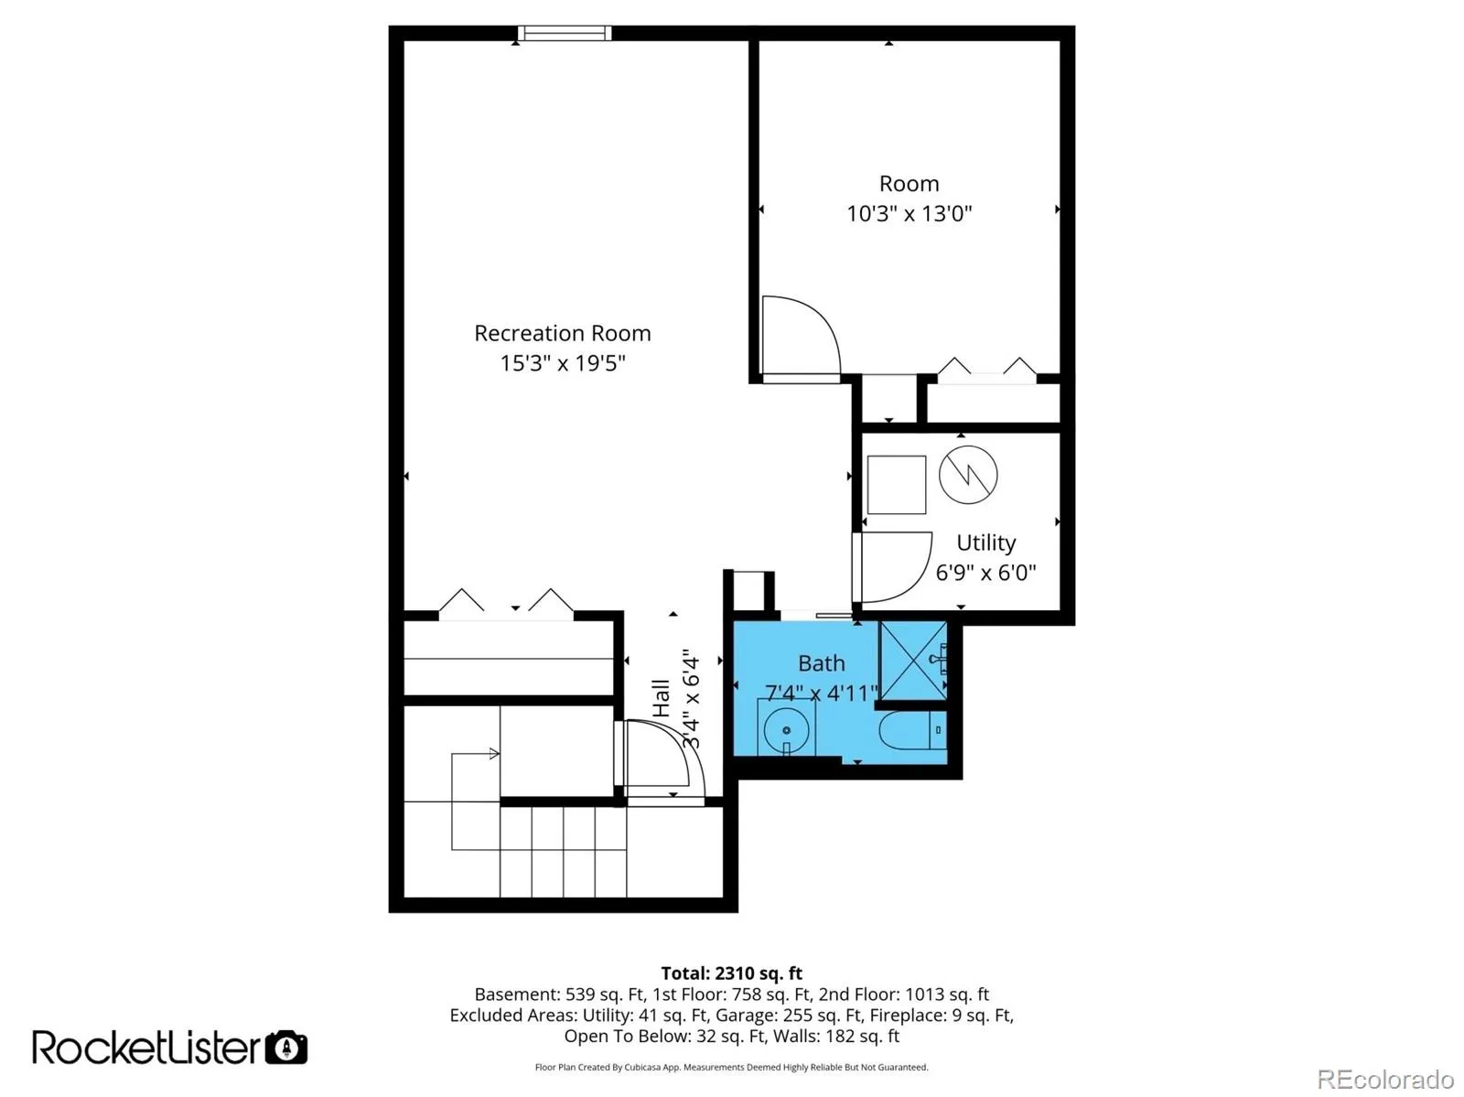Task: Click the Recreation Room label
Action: pyautogui.click(x=562, y=333)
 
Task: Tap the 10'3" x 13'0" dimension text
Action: pyautogui.click(x=910, y=213)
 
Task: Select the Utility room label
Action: pyautogui.click(x=985, y=543)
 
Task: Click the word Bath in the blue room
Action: pyautogui.click(x=821, y=663)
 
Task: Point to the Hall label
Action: pyautogui.click(x=661, y=698)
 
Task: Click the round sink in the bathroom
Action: pyautogui.click(x=786, y=729)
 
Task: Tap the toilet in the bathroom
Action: pyautogui.click(x=911, y=729)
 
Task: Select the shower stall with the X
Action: pyautogui.click(x=912, y=661)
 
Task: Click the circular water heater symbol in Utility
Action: pyautogui.click(x=968, y=474)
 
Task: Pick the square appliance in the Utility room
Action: pyautogui.click(x=897, y=485)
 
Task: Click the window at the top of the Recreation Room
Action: pyautogui.click(x=565, y=33)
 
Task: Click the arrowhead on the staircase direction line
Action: pyautogui.click(x=494, y=754)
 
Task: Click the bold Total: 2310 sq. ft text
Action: pyautogui.click(x=731, y=973)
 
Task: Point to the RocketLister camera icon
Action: pyautogui.click(x=286, y=1047)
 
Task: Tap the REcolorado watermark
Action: pyautogui.click(x=1385, y=1079)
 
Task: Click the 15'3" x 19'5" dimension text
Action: pyautogui.click(x=562, y=363)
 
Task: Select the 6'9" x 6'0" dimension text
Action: pyautogui.click(x=985, y=572)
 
